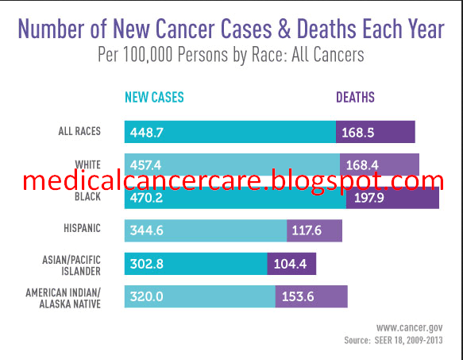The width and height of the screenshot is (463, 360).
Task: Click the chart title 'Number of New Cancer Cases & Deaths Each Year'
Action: coord(231,29)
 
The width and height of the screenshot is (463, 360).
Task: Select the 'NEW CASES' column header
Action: coord(154,98)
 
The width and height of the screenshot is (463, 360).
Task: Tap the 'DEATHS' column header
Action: coord(355,98)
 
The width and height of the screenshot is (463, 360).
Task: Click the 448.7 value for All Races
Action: coord(146,132)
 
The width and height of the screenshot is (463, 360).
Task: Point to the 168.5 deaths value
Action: coord(358,132)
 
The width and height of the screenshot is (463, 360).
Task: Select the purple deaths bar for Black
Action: coord(392,197)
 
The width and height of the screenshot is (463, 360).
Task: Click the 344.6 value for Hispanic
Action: coord(146,230)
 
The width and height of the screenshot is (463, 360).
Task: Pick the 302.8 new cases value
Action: coord(146,264)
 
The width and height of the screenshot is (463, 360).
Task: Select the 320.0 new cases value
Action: coord(146,296)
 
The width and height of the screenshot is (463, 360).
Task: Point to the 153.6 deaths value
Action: coord(298,296)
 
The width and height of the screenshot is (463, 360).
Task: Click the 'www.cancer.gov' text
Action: coord(409,327)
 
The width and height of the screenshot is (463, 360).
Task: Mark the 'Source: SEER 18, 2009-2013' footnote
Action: coord(393,340)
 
